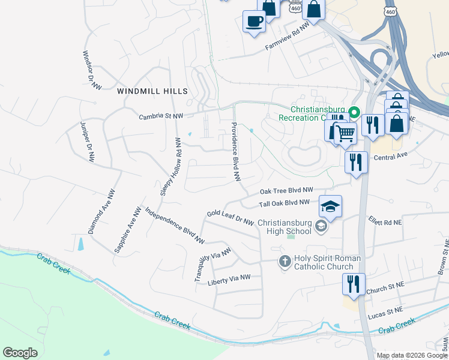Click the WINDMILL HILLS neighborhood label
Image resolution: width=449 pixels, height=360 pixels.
coord(152,91)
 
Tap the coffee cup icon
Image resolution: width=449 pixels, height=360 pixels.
coord(253,22)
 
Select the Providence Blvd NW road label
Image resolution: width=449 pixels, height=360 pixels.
coord(236,152)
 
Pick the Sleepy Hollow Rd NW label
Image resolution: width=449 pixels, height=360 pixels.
coord(170,166)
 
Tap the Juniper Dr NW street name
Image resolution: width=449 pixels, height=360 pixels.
coord(87,142)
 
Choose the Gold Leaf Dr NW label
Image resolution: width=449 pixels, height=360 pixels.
coord(230,217)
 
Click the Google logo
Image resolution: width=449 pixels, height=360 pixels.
coord(20,353)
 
